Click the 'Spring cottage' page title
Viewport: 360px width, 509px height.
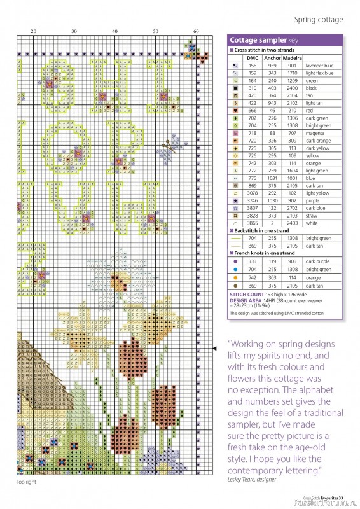pos(318,20)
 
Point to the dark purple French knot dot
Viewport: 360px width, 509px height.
pos(236,261)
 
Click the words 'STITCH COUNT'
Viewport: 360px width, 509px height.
pos(246,295)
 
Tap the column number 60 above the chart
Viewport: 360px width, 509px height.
pos(196,31)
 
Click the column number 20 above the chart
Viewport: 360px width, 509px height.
pos(33,31)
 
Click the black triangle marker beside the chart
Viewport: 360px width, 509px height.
pos(213,348)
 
